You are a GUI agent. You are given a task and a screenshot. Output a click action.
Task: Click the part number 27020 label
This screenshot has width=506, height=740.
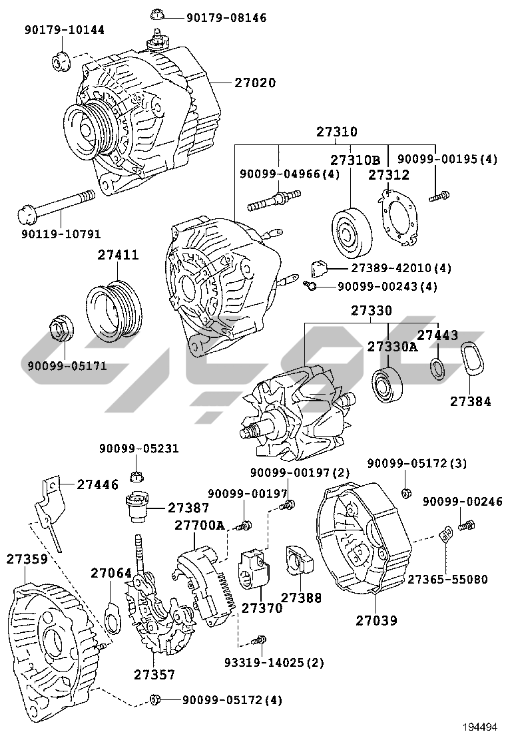[x=254, y=83]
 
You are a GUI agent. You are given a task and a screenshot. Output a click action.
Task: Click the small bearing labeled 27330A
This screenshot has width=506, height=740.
[x=387, y=385]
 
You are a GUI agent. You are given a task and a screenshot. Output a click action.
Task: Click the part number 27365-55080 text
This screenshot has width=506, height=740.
[x=447, y=579]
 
